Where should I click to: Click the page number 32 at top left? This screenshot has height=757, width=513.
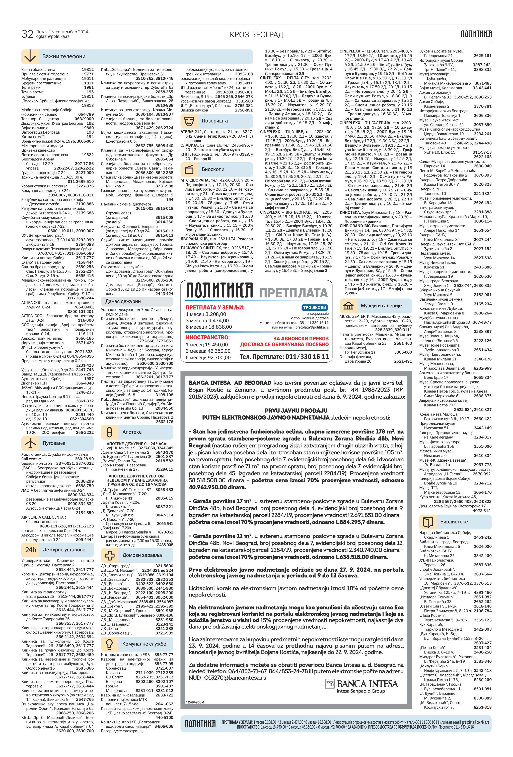(x=27, y=34)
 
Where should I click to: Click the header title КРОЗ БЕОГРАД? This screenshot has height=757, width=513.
(x=256, y=35)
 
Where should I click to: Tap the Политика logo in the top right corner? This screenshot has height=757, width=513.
(x=476, y=34)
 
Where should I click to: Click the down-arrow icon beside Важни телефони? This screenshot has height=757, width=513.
(x=30, y=56)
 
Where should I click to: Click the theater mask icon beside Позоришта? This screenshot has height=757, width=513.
(x=189, y=121)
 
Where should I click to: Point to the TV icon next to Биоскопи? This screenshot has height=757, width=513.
(x=189, y=169)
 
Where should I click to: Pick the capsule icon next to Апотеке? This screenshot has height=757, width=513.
(x=109, y=432)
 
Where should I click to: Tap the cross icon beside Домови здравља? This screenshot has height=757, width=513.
(x=109, y=555)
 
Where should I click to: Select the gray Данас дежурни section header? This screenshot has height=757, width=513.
(x=137, y=301)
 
